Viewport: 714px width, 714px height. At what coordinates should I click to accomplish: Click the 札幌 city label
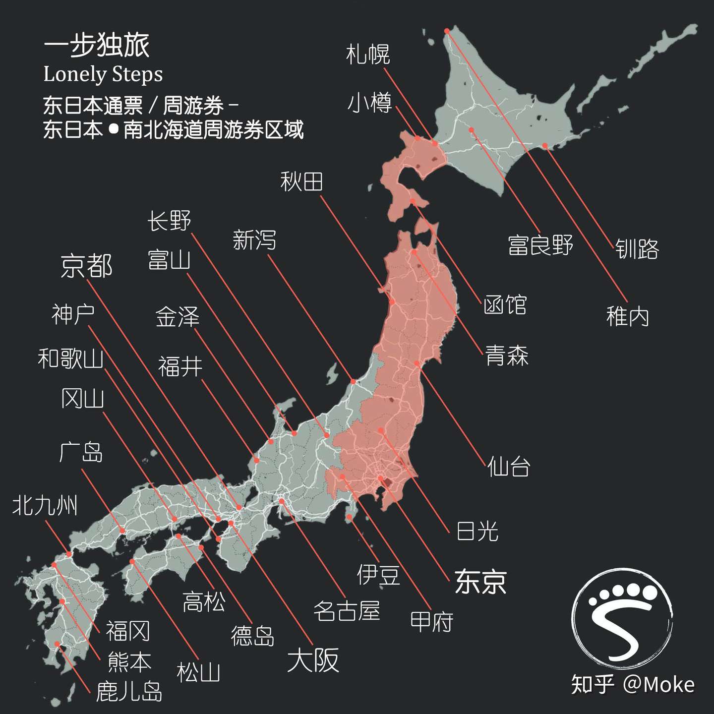tap(368, 55)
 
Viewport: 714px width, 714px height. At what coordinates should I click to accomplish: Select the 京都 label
tap(87, 266)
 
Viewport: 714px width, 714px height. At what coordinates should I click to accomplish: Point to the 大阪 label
tap(313, 660)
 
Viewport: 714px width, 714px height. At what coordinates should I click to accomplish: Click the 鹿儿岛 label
tap(129, 692)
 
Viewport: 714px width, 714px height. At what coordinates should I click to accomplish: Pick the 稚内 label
tap(627, 316)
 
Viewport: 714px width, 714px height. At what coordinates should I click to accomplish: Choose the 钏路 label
tap(637, 249)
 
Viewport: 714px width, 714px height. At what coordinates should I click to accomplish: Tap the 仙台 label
tap(509, 467)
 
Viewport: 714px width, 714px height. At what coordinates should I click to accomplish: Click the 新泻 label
tap(254, 240)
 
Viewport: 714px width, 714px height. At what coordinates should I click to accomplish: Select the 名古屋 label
tap(347, 611)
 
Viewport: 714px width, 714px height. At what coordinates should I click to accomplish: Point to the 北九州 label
tap(45, 506)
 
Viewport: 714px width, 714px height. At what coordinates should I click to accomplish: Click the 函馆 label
tap(505, 304)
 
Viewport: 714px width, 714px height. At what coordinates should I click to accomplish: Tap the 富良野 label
tap(540, 245)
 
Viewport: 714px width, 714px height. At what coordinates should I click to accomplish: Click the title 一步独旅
tap(97, 46)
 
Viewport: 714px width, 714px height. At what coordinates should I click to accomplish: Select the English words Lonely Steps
tap(103, 74)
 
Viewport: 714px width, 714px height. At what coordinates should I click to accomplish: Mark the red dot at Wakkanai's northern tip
tap(446, 31)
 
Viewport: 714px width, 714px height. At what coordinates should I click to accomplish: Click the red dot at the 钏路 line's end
tap(544, 146)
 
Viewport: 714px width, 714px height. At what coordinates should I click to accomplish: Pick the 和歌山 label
tap(70, 358)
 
